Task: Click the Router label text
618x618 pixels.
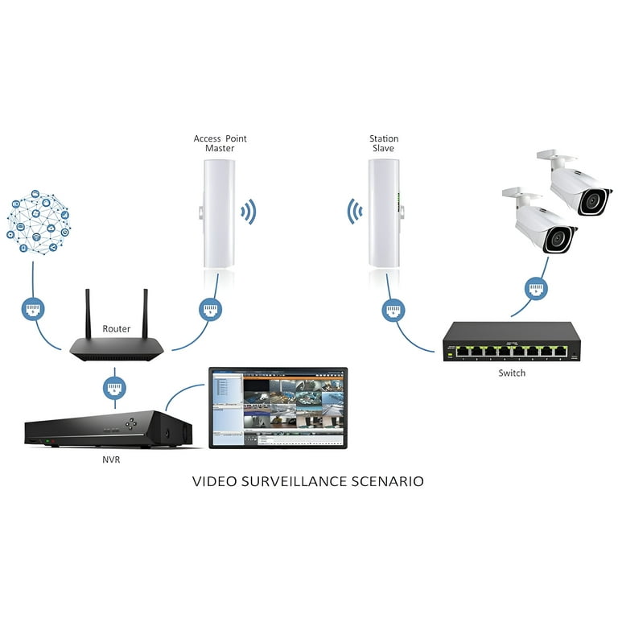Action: [x=116, y=329]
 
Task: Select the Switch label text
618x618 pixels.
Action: [x=511, y=373]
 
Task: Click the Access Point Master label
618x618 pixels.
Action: [x=220, y=143]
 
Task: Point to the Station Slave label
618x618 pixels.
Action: [x=384, y=143]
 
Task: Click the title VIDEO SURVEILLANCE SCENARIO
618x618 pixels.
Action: [x=308, y=482]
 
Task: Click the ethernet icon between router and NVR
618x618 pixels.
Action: [x=115, y=387]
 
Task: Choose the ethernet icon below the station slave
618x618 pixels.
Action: [x=393, y=308]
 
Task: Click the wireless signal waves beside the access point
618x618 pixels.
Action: [x=249, y=212]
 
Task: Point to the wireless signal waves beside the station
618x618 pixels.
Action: [x=353, y=212]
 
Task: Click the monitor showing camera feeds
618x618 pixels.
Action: [x=278, y=407]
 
